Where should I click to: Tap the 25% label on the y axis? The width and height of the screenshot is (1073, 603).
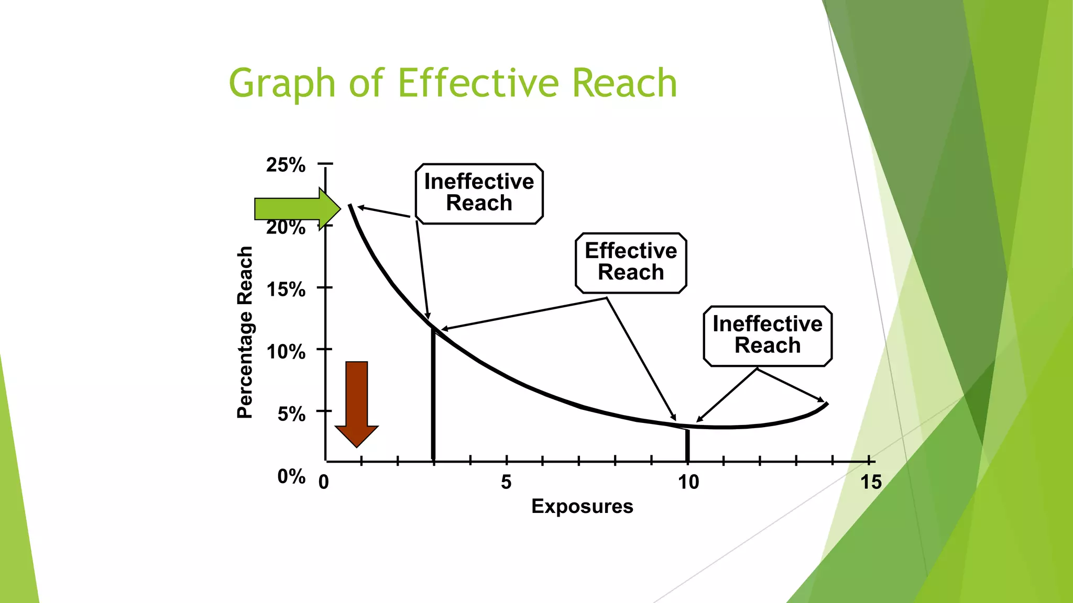coord(286,165)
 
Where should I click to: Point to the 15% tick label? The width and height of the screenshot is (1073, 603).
coord(286,289)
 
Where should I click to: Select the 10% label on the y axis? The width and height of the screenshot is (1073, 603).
coord(286,352)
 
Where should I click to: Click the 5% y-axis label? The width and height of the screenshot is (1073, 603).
coord(291,414)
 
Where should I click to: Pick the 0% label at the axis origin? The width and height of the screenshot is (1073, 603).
coord(291,476)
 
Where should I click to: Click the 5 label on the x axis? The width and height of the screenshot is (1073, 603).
coord(506,482)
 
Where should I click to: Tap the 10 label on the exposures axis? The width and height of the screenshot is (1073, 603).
coord(688,482)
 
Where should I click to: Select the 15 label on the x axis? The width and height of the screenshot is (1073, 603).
coord(871,482)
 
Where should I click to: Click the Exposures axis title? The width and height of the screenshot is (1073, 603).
coord(582,506)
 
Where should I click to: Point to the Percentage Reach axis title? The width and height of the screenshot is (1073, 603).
coord(245,332)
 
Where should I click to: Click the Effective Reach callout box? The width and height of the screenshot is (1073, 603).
coord(631,262)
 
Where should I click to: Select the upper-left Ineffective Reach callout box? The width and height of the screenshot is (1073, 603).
coord(479,193)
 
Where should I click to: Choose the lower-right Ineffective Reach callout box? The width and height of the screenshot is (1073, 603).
coord(768,336)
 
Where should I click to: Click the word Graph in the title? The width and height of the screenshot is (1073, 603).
coord(282,84)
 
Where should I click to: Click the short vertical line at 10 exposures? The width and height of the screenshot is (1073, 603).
coord(687,445)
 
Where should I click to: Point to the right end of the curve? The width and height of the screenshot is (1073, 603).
coord(826,404)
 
